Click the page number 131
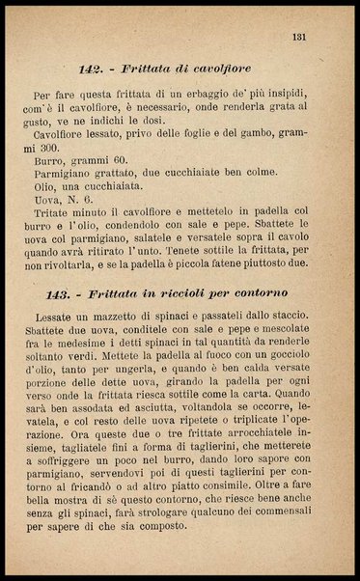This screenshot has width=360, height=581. (298, 38)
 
